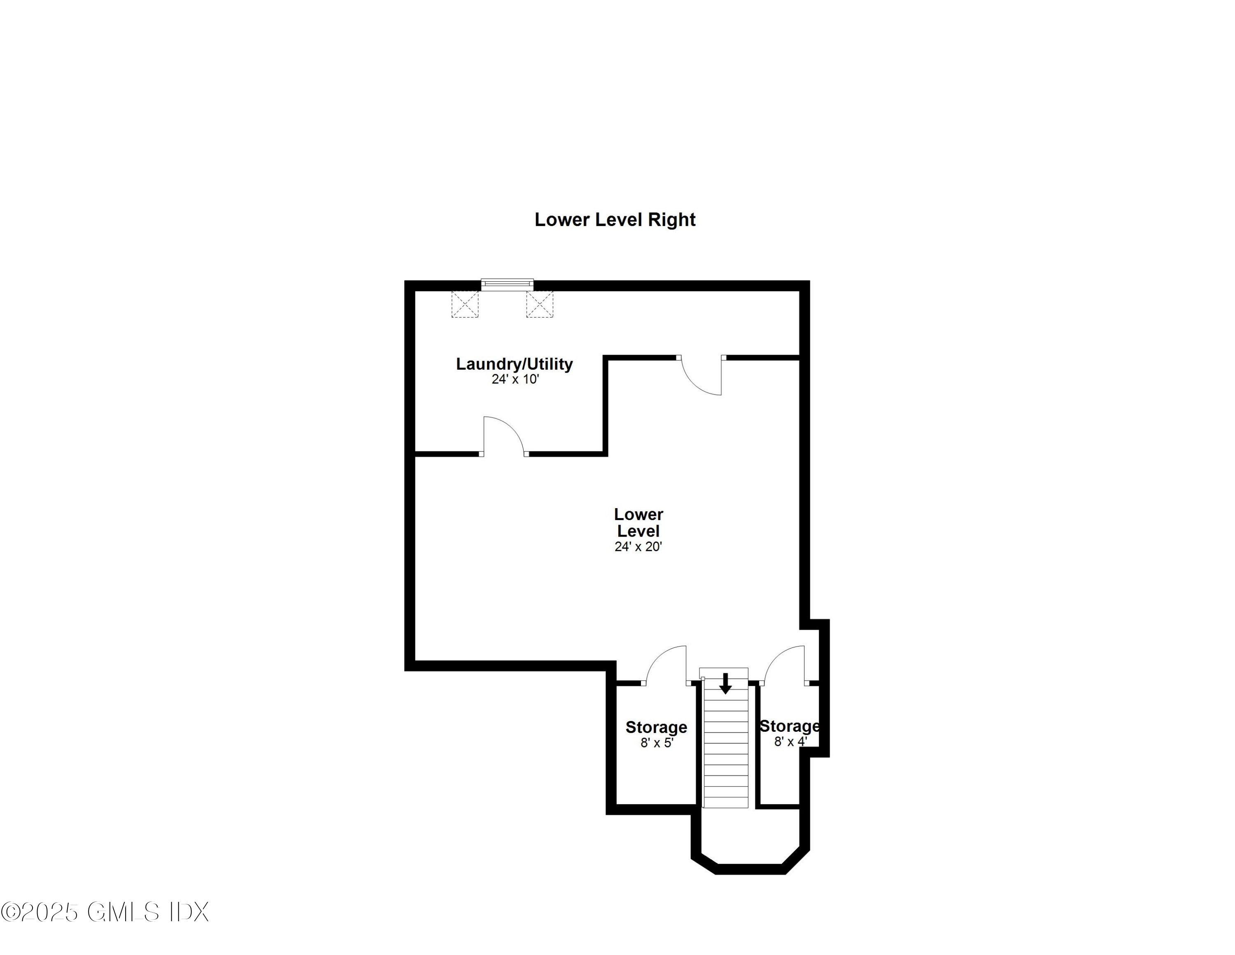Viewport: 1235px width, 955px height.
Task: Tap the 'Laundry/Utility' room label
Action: coord(515,364)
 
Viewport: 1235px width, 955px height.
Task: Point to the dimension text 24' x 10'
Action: coord(515,379)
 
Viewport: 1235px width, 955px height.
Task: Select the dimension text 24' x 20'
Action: coord(638,546)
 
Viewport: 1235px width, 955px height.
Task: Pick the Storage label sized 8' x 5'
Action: coord(656,727)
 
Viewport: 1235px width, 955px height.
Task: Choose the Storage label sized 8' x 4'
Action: coord(790,726)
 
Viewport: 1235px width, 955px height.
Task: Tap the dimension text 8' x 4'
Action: coord(790,741)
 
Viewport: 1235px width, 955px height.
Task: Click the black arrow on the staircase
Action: coord(725,684)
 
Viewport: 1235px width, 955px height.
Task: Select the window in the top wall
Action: coord(507,284)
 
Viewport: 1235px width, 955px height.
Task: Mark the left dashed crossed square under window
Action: coord(465,304)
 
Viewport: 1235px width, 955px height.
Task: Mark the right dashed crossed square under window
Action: coord(539,304)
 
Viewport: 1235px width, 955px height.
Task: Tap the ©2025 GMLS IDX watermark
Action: coord(105,912)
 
